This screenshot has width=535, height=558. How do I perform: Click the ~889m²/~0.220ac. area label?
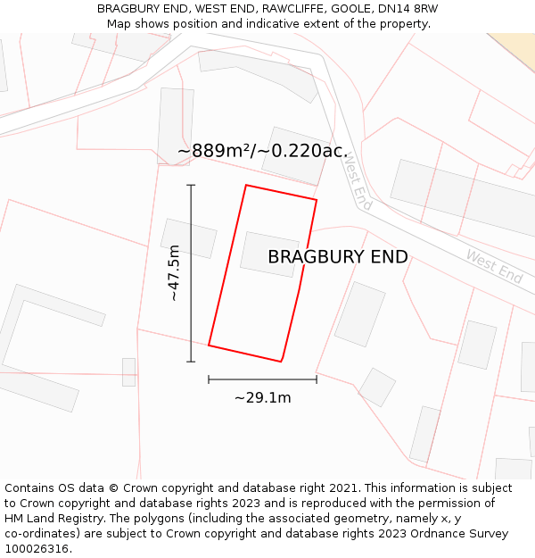click(x=262, y=151)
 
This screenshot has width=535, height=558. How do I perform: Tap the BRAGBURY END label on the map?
click(x=338, y=257)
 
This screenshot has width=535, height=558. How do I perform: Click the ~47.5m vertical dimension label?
click(x=174, y=272)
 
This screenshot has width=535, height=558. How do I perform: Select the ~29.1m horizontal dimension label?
click(x=262, y=397)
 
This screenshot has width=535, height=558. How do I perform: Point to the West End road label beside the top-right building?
click(x=493, y=267)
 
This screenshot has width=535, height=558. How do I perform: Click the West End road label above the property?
click(x=357, y=181)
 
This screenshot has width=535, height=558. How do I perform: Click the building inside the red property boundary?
click(x=269, y=254)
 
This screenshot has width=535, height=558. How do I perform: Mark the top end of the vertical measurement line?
click(x=191, y=185)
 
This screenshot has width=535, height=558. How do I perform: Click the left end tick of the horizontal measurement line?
click(x=209, y=379)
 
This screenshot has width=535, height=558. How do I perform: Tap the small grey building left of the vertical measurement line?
click(x=188, y=238)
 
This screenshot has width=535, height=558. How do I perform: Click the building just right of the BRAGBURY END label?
click(x=359, y=313)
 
